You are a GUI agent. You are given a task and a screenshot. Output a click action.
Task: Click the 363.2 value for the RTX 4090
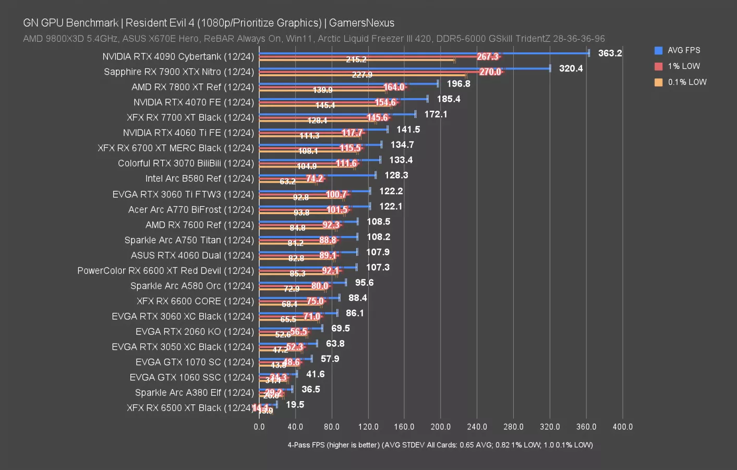point(610,53)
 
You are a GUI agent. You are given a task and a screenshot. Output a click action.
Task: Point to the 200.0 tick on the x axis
point(440,427)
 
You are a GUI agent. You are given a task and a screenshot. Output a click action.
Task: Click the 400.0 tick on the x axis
point(622,427)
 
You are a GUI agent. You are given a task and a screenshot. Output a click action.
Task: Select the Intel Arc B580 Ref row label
point(199,179)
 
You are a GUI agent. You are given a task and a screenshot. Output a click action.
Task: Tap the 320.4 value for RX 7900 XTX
point(571,68)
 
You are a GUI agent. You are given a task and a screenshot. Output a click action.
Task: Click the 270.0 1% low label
point(490,72)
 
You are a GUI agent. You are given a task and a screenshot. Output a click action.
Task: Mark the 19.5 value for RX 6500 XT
point(295,405)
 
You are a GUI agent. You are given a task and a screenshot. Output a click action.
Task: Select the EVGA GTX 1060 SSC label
point(191,377)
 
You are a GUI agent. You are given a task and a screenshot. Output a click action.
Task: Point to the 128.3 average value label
point(396,175)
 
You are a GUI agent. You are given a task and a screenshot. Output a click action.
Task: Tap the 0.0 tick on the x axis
point(259,427)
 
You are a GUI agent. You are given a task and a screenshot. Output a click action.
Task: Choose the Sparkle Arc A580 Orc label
point(192,286)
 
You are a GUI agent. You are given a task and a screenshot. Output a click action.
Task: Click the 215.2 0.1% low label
point(356,60)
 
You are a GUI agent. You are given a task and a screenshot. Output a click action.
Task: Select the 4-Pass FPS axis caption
point(440,445)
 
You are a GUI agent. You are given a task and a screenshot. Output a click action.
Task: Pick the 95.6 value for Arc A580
point(364,283)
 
